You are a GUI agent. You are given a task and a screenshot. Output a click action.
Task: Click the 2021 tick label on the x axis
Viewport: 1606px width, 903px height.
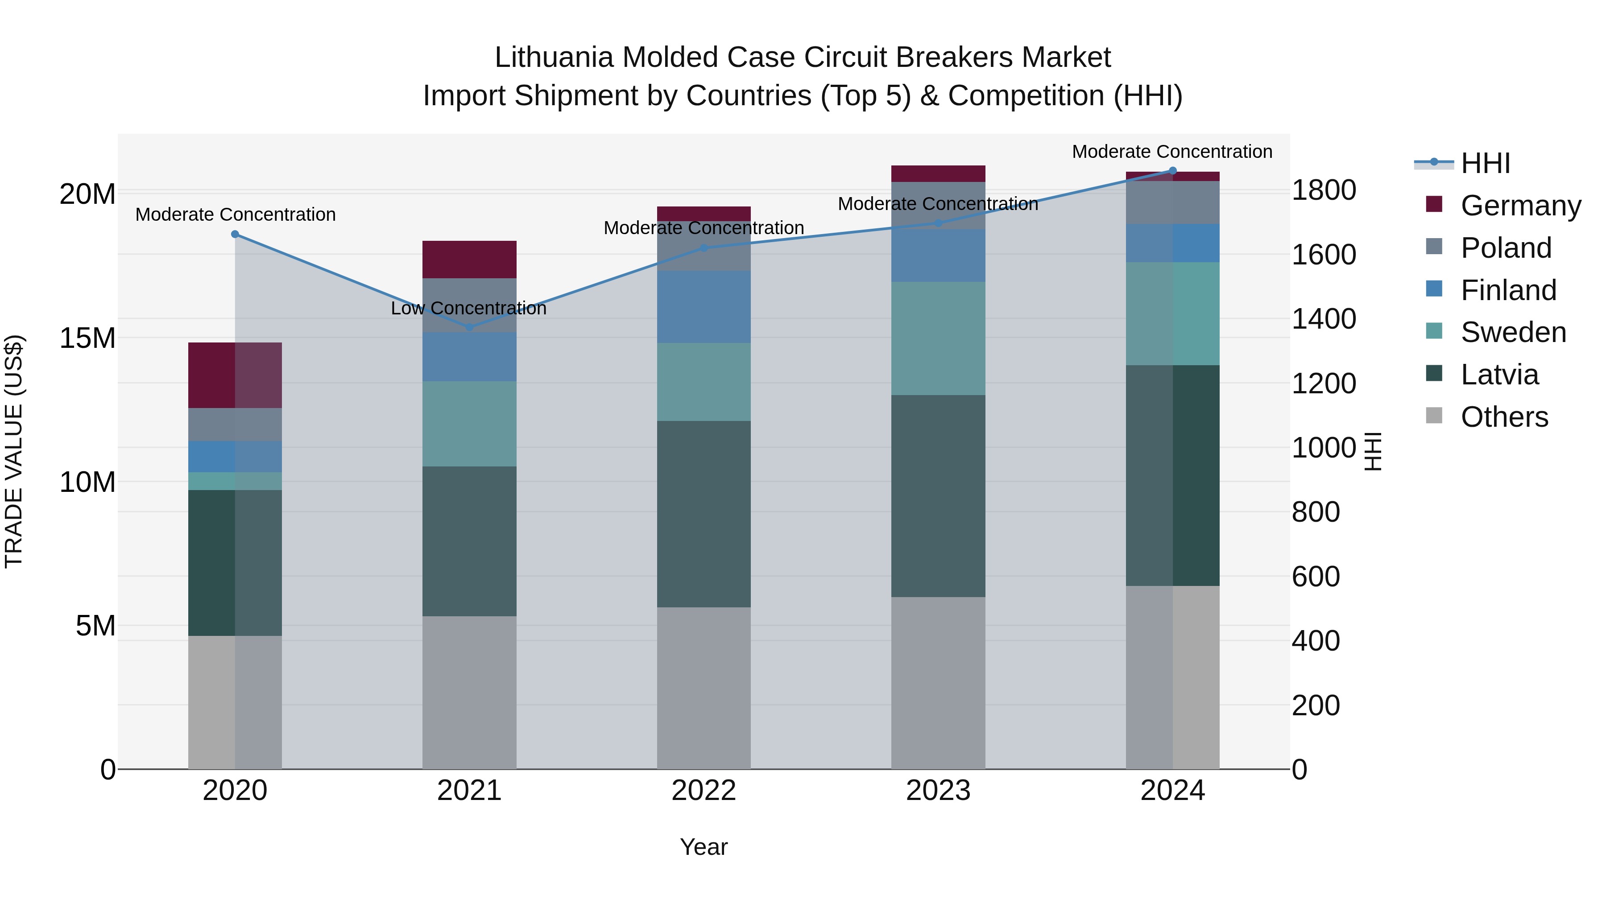point(469,791)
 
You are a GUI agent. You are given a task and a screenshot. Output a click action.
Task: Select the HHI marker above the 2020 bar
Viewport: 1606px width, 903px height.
point(235,234)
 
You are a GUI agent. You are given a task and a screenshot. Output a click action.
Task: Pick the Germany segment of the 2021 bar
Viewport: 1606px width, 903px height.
point(469,259)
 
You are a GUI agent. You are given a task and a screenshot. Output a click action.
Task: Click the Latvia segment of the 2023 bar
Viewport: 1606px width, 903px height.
point(938,495)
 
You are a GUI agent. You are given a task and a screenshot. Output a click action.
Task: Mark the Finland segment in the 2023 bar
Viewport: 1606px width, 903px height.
point(938,255)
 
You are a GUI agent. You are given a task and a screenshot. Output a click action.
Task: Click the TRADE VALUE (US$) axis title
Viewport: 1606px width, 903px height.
point(14,451)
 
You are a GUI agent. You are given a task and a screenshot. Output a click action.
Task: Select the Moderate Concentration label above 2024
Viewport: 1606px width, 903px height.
point(1171,152)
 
